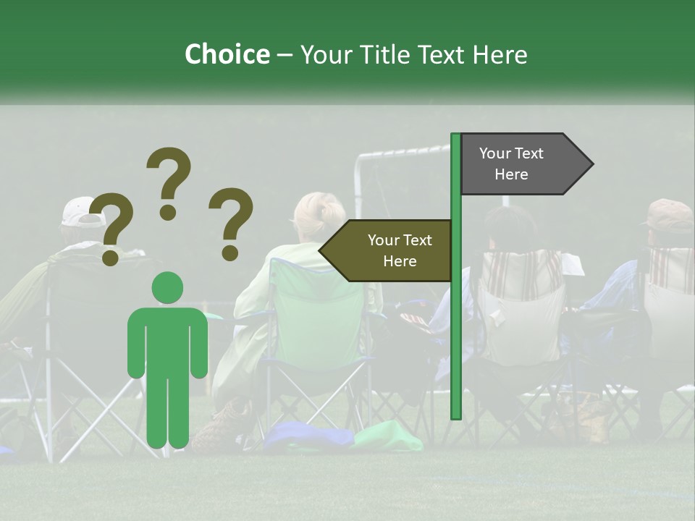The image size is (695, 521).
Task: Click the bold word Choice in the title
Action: (227, 54)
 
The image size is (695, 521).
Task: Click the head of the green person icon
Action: (167, 288)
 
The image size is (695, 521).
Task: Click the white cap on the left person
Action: (80, 211)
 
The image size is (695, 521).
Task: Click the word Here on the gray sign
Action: (511, 174)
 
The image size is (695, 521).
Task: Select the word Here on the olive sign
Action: (400, 261)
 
